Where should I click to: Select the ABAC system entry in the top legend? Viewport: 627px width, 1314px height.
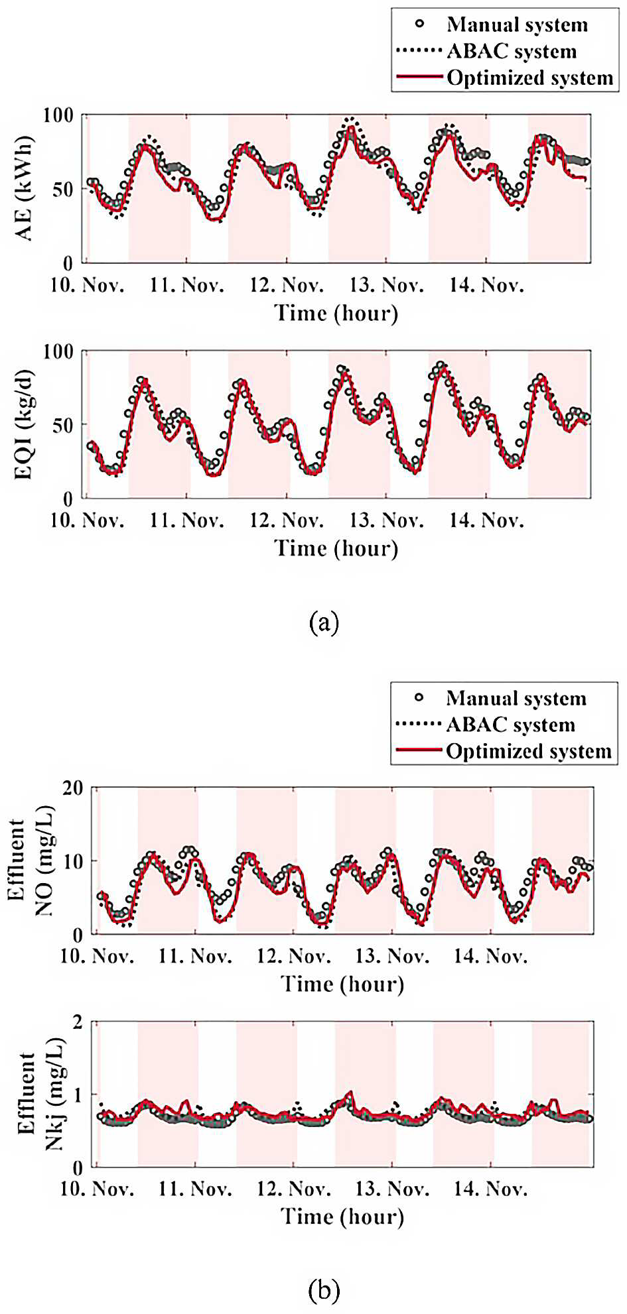click(x=512, y=51)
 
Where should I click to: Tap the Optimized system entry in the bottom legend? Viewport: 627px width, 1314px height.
click(x=529, y=751)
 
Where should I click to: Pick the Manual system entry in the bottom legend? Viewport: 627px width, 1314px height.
click(x=516, y=698)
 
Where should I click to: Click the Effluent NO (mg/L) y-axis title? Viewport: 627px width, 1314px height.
click(x=33, y=860)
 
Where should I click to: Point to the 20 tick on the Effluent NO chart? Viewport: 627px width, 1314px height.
click(x=72, y=788)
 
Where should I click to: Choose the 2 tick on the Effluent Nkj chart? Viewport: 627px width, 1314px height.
click(x=78, y=1022)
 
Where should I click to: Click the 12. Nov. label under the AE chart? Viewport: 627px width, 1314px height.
click(x=287, y=286)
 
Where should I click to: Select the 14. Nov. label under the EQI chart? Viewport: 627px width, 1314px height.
click(x=486, y=520)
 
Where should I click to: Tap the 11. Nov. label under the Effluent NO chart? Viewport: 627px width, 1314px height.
click(x=195, y=956)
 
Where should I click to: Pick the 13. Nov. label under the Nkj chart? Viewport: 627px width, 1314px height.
click(x=392, y=1189)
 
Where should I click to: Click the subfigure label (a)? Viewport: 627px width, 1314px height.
click(x=324, y=623)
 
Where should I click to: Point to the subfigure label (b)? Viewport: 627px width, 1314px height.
click(x=324, y=1290)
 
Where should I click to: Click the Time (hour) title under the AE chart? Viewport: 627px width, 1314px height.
click(x=336, y=313)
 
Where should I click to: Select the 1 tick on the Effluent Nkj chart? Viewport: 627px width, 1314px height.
click(x=78, y=1095)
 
